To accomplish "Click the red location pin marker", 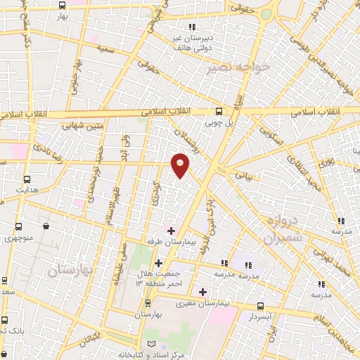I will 181,165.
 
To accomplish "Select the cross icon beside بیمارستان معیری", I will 203,291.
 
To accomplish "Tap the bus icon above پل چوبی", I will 219,111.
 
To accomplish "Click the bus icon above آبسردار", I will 261,306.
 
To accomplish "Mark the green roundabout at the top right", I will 266,13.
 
